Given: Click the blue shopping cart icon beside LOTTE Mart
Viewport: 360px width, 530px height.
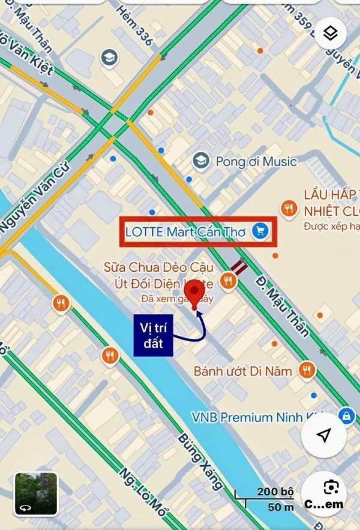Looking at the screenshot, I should point(260,231).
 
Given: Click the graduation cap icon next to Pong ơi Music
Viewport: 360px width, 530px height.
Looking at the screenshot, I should point(200,161).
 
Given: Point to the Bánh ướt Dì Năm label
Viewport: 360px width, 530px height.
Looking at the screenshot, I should point(242,371).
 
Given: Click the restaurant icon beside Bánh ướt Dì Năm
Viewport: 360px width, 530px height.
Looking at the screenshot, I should point(307,371).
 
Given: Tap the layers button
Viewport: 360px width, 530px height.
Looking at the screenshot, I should point(329,34).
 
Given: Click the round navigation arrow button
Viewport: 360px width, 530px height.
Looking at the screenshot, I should point(324,435).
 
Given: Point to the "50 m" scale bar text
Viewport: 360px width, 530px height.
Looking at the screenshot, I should point(281,507).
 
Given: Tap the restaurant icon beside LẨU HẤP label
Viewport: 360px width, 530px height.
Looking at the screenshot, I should point(290,208).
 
